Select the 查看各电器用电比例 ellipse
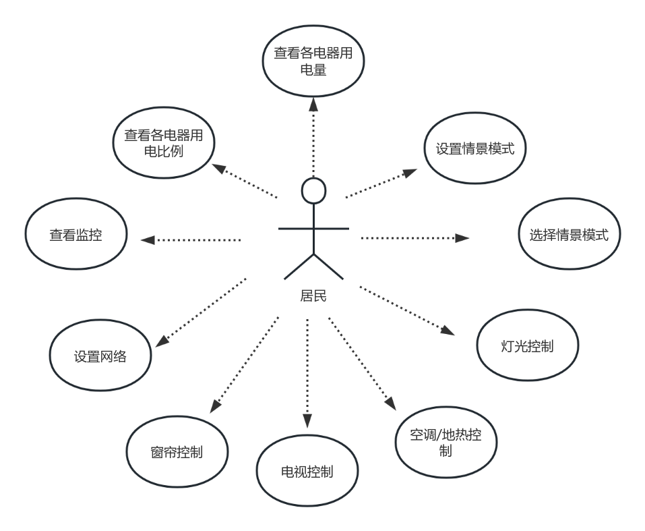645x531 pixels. click(163, 143)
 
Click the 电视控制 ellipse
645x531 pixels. click(307, 471)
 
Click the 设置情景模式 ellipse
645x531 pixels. click(474, 149)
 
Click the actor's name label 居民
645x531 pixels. click(313, 296)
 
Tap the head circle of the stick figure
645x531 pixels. click(313, 190)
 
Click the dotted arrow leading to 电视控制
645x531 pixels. click(307, 371)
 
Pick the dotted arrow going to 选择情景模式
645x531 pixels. click(414, 237)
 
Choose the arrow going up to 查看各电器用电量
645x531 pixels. click(313, 135)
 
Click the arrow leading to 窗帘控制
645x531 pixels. click(244, 364)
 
